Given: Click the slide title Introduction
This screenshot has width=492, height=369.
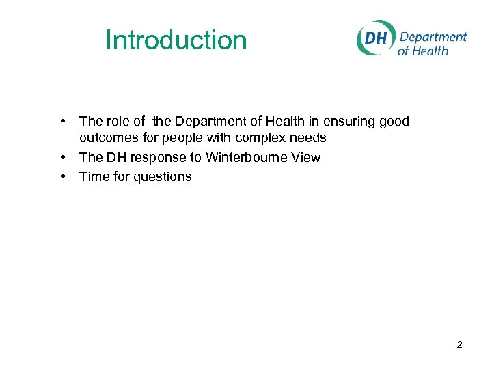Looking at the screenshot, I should pos(176,40).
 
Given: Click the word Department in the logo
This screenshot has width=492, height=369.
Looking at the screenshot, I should pos(433,36).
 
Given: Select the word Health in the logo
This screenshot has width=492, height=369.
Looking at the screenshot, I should pos(433,51).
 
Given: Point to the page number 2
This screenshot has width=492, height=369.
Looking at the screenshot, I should pos(459,344).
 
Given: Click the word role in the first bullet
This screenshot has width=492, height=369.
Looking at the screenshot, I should pos(118,122).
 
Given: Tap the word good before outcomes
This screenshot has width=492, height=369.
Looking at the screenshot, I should pos(394,122).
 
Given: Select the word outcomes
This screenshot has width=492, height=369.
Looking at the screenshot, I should pos(107,138).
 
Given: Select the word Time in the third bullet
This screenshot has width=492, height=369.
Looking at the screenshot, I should pos(92,176).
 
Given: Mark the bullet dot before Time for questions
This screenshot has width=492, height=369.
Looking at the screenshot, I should pos(63,176).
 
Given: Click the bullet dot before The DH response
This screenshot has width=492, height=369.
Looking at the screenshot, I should pos(63,157).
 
